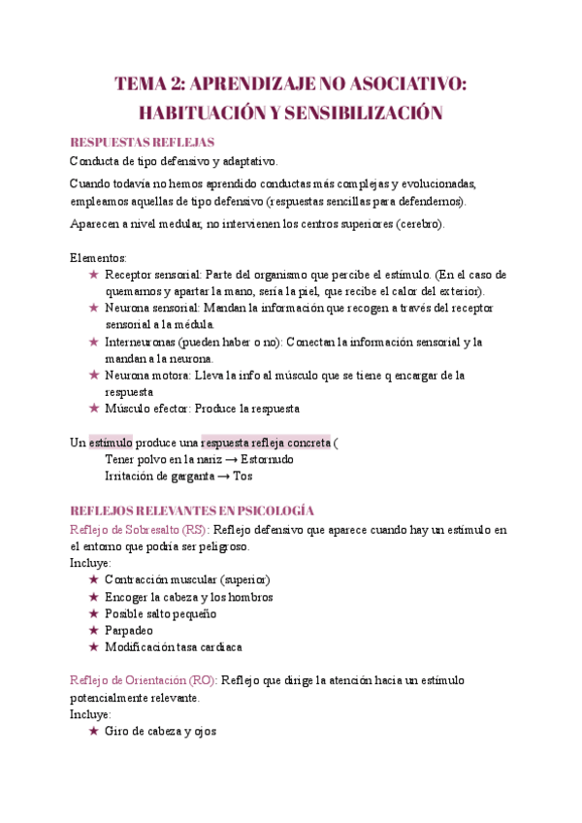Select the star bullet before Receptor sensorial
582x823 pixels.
pyautogui.click(x=94, y=275)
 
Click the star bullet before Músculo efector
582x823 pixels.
pyautogui.click(x=94, y=409)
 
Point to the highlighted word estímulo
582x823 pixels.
pyautogui.click(x=111, y=442)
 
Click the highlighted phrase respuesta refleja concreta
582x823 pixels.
pyautogui.click(x=266, y=442)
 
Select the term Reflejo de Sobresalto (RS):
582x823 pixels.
pyautogui.click(x=139, y=530)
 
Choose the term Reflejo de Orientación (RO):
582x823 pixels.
pyautogui.click(x=144, y=680)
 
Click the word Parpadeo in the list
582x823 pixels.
pyautogui.click(x=129, y=630)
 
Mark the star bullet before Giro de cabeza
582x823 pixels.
pyautogui.click(x=94, y=731)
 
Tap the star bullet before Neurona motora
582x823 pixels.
pyautogui.click(x=94, y=375)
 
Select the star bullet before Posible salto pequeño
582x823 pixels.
pyautogui.click(x=94, y=613)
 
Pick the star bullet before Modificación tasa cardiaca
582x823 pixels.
pyautogui.click(x=94, y=646)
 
